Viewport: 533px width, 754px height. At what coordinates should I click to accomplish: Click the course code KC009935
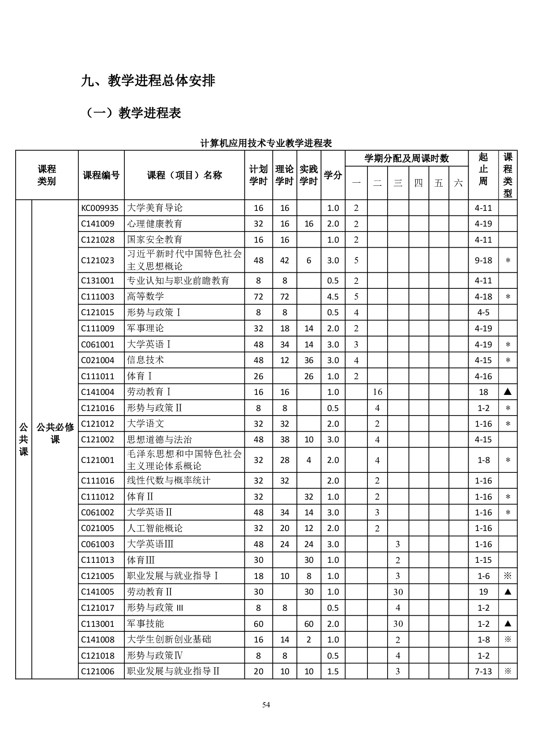[x=100, y=208]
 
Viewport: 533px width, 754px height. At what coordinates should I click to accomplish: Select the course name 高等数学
[x=145, y=296]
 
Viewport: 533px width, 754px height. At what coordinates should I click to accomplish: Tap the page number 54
[x=266, y=705]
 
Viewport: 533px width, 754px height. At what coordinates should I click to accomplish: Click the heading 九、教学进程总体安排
[x=148, y=81]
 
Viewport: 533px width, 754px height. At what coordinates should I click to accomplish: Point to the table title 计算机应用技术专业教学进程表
[x=266, y=143]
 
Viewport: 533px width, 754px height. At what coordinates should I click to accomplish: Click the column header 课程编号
[x=101, y=175]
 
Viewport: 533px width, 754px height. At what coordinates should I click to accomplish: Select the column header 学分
[x=333, y=175]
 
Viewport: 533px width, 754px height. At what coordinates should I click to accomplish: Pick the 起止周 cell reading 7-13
[x=483, y=671]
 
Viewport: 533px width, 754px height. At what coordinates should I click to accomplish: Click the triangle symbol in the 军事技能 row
[x=507, y=624]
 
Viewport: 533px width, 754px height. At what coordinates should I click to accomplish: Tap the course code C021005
[x=98, y=528]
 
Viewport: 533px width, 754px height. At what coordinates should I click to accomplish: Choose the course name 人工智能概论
[x=155, y=528]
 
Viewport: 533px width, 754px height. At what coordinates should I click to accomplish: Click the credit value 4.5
[x=333, y=296]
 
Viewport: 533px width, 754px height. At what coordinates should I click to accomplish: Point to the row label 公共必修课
[x=55, y=433]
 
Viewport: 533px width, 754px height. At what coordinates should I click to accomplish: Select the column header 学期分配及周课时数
[x=406, y=158]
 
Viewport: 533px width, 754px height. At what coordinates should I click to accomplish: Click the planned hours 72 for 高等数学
[x=258, y=296]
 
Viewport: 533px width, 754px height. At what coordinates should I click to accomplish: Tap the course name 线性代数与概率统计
[x=169, y=480]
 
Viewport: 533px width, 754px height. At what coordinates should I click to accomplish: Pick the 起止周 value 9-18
[x=483, y=260]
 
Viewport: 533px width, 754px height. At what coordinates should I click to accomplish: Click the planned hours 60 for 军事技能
[x=258, y=624]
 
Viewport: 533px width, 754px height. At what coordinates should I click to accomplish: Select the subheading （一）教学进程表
[x=134, y=113]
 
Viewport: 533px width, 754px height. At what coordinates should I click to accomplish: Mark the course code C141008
[x=98, y=639]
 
